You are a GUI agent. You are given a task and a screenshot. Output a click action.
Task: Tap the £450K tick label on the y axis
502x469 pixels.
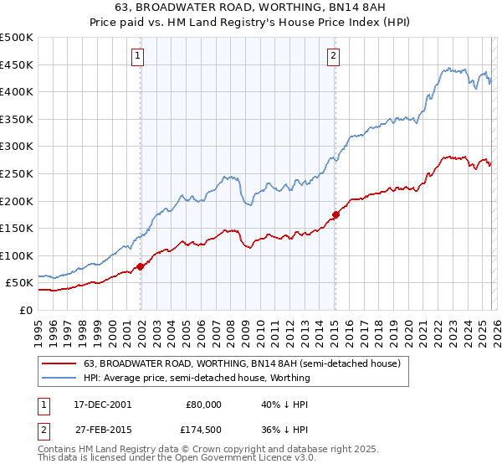point(17,64)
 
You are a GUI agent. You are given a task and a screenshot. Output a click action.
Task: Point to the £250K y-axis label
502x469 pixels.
point(17,173)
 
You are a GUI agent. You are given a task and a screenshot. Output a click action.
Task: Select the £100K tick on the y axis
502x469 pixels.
point(17,255)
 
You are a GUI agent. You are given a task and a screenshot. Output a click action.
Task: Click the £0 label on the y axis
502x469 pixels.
point(25,310)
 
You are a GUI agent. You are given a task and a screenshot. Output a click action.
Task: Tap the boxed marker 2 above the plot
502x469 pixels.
point(333,56)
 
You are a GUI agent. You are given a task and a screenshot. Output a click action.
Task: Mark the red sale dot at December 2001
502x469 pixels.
point(141,266)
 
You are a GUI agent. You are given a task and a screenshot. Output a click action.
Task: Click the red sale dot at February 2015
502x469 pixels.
point(336,214)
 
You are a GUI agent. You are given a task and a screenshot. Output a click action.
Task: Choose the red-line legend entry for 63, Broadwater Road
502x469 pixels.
point(243,364)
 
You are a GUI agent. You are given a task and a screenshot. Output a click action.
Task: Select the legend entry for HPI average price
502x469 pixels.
point(197,378)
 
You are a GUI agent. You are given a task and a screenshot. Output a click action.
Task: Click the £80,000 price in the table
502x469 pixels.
point(203,404)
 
